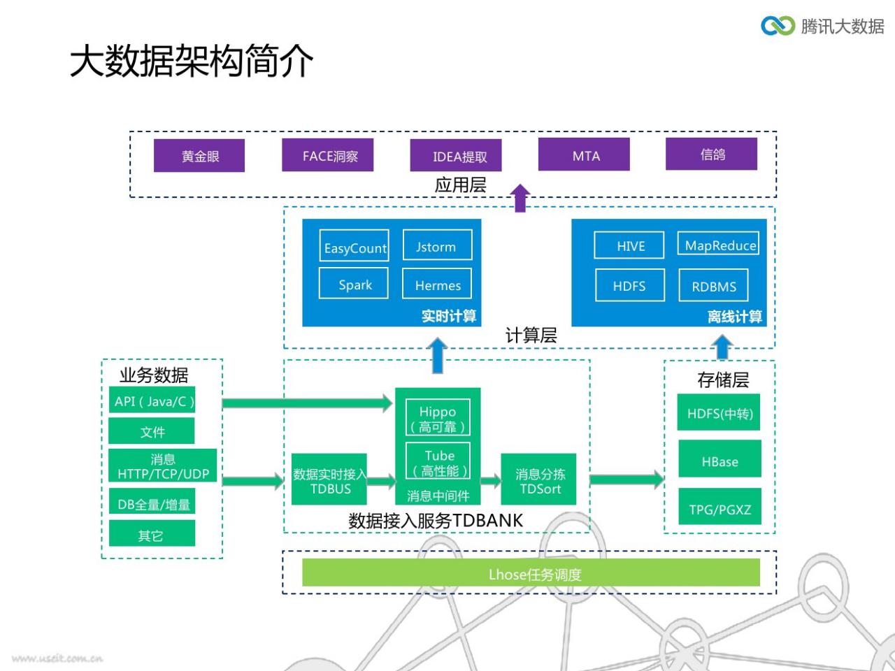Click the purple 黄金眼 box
(199, 155)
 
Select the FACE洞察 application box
(327, 154)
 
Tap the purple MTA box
(584, 154)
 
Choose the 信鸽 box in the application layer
(712, 154)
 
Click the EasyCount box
(354, 245)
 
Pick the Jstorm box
(438, 245)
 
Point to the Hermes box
(437, 283)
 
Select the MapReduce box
(718, 243)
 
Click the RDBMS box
(713, 285)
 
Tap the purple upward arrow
(520, 198)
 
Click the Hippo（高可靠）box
(438, 417)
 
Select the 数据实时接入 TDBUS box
(329, 479)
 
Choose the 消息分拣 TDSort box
(538, 479)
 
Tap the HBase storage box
(719, 459)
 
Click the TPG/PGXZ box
(719, 507)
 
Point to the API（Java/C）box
(152, 400)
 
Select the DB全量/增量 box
(152, 501)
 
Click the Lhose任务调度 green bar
(531, 572)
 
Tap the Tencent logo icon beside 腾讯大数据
(778, 26)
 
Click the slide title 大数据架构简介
(191, 61)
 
